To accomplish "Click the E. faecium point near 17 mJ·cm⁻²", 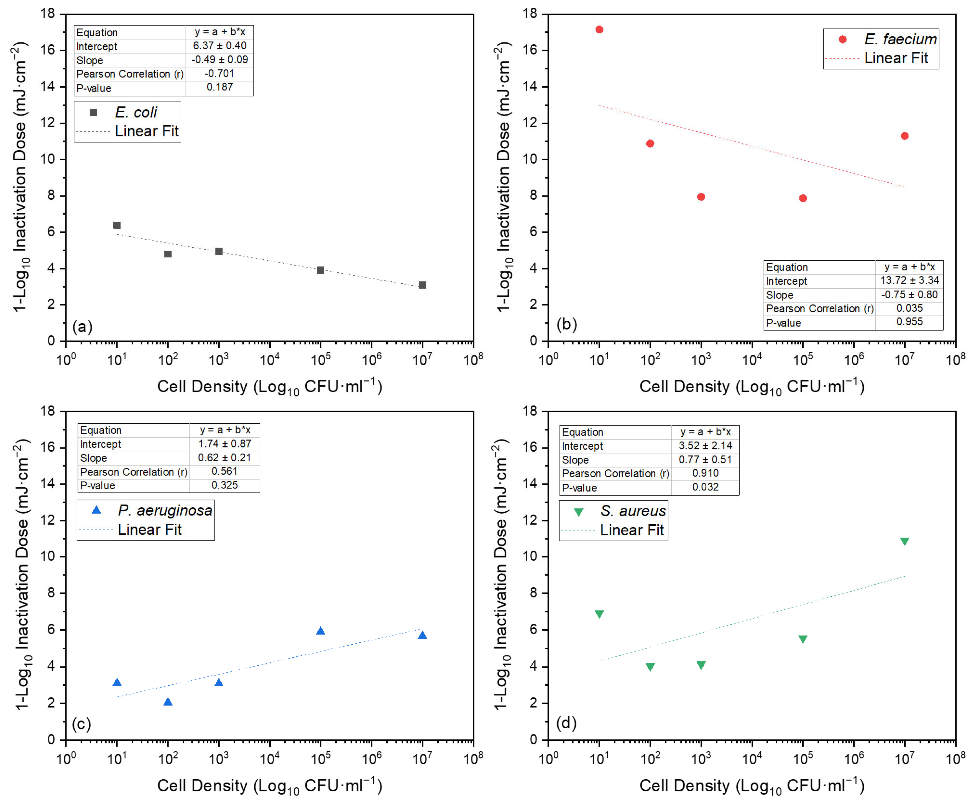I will click(599, 30).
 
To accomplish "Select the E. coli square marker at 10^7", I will click(422, 285).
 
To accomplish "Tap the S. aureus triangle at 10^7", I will click(904, 541).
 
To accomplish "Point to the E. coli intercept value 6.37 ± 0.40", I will click(220, 46).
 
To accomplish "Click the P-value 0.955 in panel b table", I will click(909, 322).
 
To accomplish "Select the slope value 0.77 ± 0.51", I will click(705, 459).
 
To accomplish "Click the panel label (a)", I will click(82, 327).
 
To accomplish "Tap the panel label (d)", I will click(566, 722).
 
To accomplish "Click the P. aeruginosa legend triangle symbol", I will click(96, 510).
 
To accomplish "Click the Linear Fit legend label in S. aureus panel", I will click(632, 530).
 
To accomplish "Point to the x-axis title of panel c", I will click(270, 785).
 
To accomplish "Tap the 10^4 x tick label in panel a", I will click(270, 359).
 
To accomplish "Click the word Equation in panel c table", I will click(101, 430).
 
